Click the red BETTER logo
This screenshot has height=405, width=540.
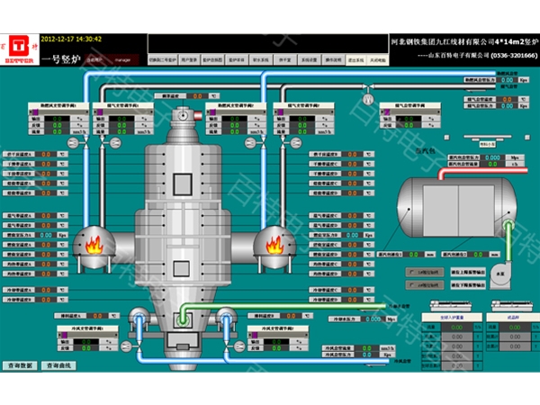click(17, 49)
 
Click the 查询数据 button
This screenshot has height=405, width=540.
click(20, 365)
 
